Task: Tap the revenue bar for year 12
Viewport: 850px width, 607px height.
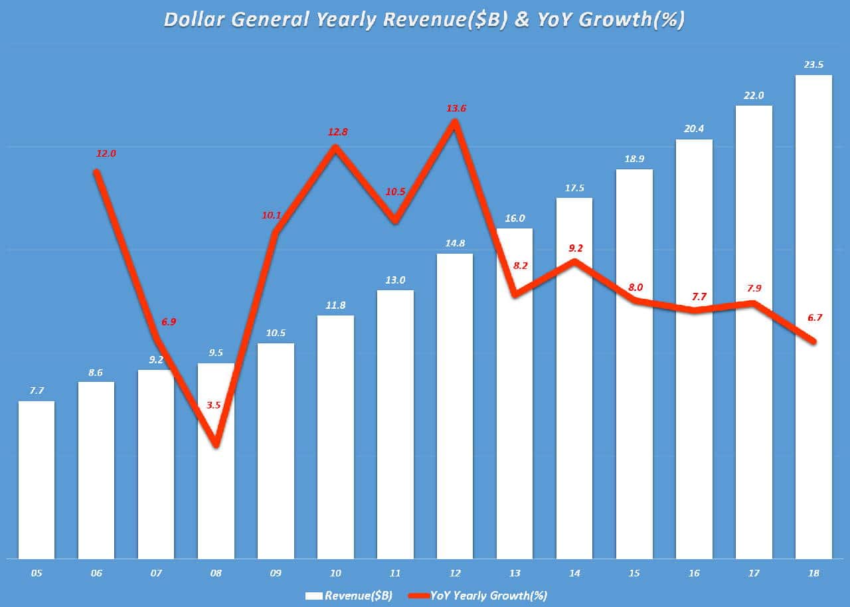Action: coord(455,406)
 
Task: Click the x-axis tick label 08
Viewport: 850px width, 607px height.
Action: coord(216,572)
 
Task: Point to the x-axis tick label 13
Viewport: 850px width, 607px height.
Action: coord(515,572)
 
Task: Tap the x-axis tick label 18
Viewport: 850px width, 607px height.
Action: coord(813,572)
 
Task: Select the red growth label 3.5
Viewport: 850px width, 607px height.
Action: coord(213,404)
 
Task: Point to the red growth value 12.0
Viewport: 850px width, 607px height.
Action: coord(106,153)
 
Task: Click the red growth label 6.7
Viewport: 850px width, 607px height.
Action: coord(814,317)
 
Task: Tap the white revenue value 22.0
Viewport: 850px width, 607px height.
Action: coord(754,96)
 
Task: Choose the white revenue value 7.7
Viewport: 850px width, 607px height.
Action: coord(37,391)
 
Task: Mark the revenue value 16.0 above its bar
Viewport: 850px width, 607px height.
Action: coord(515,218)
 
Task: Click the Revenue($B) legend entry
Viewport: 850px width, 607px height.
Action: coord(349,595)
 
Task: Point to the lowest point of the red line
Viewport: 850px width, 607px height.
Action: coord(216,445)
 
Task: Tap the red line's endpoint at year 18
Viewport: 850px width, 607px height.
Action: coord(813,341)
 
